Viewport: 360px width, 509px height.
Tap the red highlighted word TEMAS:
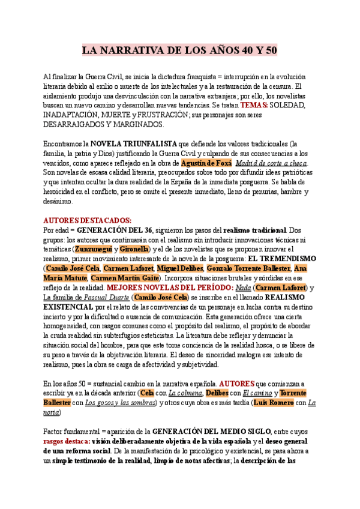pyautogui.click(x=254, y=105)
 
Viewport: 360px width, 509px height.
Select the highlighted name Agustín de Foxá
pyautogui.click(x=204, y=163)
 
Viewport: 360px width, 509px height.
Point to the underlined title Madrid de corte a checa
pyautogui.click(x=271, y=163)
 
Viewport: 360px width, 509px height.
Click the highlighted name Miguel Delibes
pyautogui.click(x=180, y=268)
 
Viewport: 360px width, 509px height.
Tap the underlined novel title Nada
pyautogui.click(x=243, y=288)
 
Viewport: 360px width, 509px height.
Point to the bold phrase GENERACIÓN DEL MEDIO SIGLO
pyautogui.click(x=212, y=431)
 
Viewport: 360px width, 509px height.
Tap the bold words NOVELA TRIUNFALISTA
pyautogui.click(x=133, y=144)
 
